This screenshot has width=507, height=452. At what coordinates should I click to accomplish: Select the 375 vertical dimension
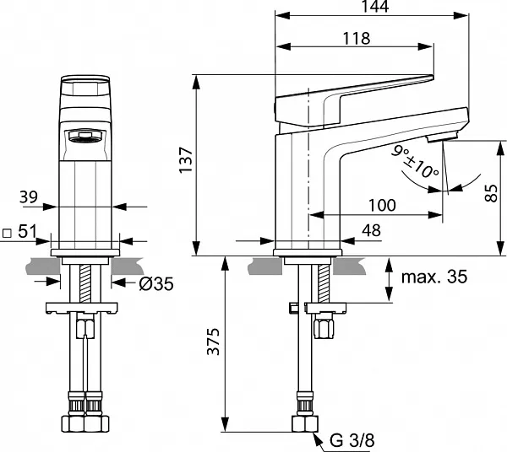coord(214,342)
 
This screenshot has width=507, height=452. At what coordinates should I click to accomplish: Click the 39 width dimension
coord(28,196)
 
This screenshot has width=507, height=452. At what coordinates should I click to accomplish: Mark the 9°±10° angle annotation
coord(415,160)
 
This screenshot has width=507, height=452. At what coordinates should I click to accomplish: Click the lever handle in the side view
coord(355,92)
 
